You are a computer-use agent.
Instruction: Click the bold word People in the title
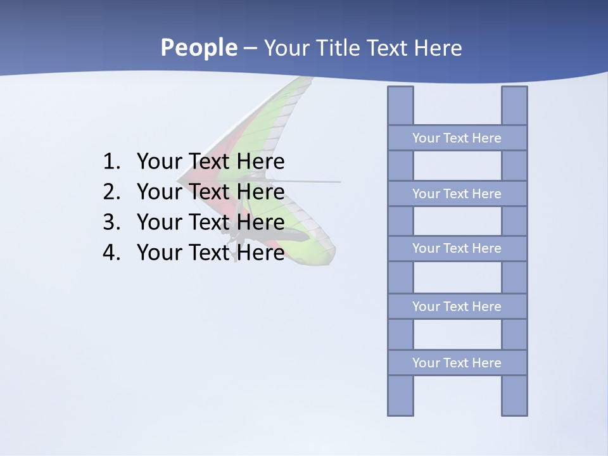198,48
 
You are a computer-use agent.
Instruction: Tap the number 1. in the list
111,161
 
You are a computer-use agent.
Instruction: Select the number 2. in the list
111,192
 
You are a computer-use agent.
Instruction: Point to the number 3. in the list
111,222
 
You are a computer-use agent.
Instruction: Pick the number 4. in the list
111,253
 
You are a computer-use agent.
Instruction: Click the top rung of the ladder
457,138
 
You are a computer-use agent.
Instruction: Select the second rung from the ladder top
457,194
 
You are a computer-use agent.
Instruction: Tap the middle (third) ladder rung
457,248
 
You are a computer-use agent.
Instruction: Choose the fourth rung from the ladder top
457,307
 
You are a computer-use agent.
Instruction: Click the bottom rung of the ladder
457,363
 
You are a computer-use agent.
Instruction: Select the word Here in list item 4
260,253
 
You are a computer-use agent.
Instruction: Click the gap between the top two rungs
457,166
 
